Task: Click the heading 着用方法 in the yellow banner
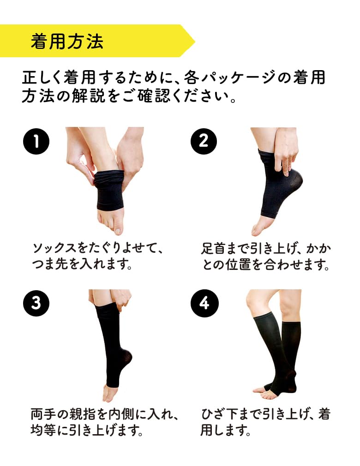[x=67, y=41]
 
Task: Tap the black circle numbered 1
[x=36, y=141]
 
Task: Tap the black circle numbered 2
[x=204, y=141]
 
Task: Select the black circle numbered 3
[x=36, y=303]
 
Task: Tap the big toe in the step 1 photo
[x=118, y=227]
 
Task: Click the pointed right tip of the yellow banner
[x=194, y=41]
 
